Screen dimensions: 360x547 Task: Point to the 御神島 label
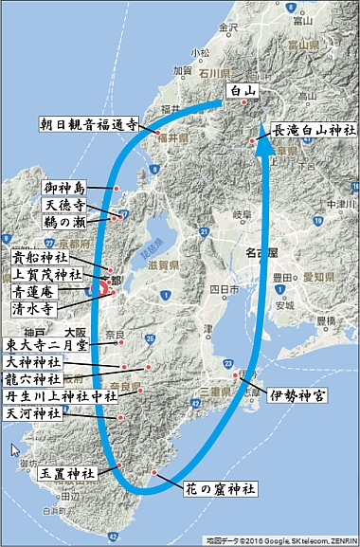(65, 188)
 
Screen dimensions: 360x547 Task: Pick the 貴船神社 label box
(41, 257)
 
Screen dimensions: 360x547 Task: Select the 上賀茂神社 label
(45, 274)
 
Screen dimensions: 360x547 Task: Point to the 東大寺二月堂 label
(47, 345)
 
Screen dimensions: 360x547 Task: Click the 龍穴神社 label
(37, 379)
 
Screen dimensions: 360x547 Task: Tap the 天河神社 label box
(37, 414)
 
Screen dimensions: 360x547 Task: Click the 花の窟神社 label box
(219, 490)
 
